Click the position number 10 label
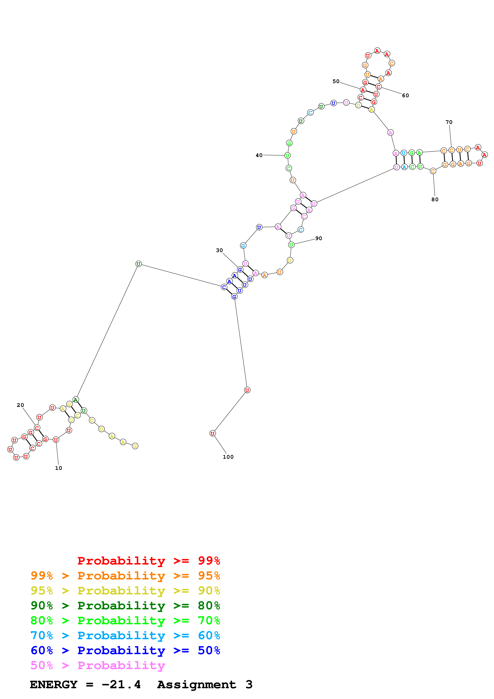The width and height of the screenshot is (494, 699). click(58, 468)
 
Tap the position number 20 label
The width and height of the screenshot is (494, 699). click(20, 405)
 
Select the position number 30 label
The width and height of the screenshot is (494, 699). click(219, 250)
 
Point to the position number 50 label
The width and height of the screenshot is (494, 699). click(336, 81)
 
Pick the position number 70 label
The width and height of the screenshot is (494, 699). click(449, 122)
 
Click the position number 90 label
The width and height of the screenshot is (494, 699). click(319, 238)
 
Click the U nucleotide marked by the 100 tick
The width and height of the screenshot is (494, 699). click(212, 433)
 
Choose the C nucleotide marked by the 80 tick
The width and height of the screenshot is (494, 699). click(433, 171)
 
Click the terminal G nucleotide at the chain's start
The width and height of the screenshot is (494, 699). click(135, 446)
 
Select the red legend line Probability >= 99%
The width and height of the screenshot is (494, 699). click(148, 561)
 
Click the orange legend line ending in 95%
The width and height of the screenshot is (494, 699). click(125, 576)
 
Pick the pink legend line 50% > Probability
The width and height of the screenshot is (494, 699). click(98, 665)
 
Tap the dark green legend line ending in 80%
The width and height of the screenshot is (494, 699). click(125, 606)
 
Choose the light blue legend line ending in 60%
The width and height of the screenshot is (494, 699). click(125, 635)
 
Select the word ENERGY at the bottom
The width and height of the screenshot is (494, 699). click(54, 684)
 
